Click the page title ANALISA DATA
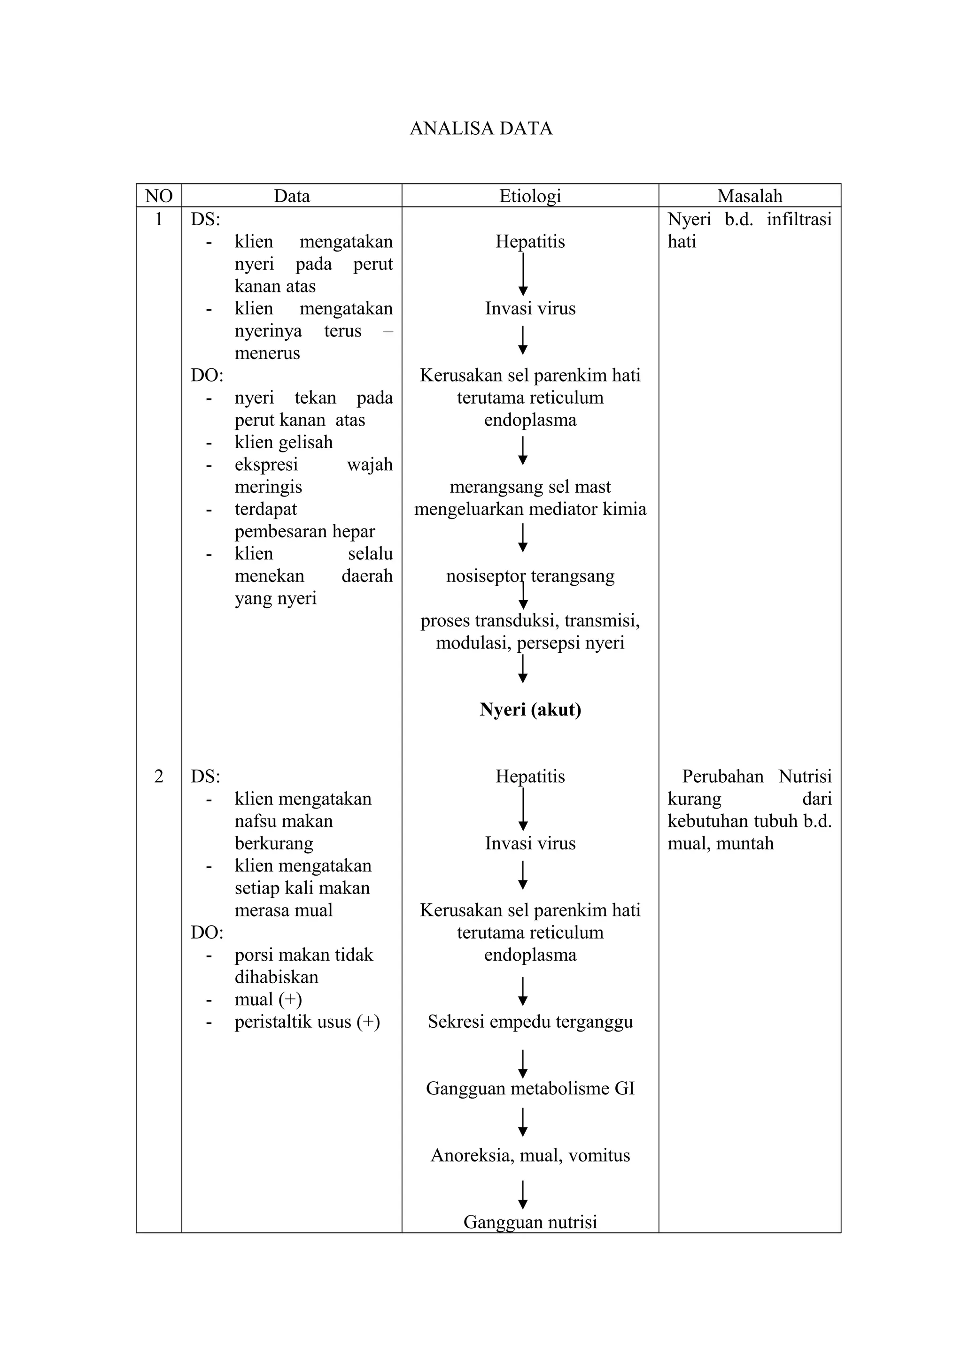[x=481, y=129]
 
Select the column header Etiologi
[x=530, y=196]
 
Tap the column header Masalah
[x=749, y=196]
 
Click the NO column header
[x=159, y=196]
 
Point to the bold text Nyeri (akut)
[x=530, y=710]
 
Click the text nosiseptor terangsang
[x=530, y=576]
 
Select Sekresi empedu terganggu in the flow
[x=530, y=1022]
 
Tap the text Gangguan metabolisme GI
[x=530, y=1089]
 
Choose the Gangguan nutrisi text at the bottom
[x=530, y=1222]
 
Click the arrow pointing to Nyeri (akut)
[x=523, y=669]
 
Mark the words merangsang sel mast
[x=530, y=487]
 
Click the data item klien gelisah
[x=283, y=443]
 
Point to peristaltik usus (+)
[x=307, y=1022]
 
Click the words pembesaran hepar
[x=305, y=531]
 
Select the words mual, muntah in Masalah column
[x=720, y=843]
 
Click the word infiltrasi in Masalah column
[x=799, y=220]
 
